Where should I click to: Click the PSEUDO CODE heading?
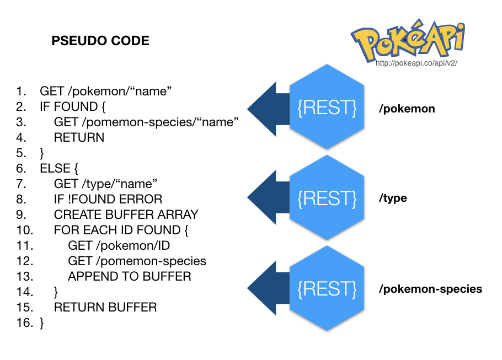point(100,41)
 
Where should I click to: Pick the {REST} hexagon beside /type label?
point(327,198)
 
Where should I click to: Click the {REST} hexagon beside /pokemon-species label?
point(327,289)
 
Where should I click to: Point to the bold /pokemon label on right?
point(407,109)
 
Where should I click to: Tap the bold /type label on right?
point(393,198)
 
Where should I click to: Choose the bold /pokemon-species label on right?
point(430,289)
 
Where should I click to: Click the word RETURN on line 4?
point(79,137)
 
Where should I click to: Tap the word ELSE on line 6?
point(55,168)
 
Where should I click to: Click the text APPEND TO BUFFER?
point(129,276)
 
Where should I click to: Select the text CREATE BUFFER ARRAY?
point(126,214)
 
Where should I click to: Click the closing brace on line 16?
point(42,323)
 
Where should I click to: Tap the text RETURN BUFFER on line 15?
point(105,307)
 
